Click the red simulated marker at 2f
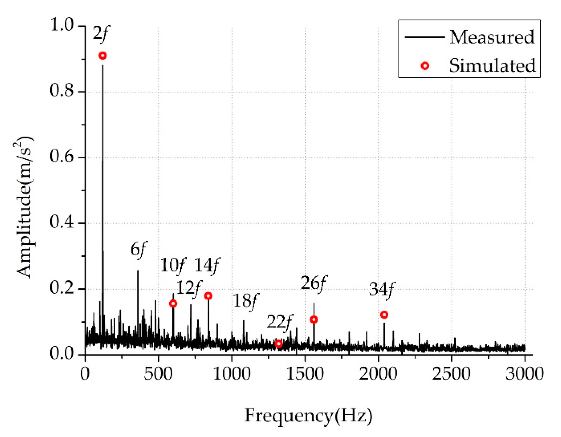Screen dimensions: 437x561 102,56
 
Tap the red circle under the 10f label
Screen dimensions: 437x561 173,304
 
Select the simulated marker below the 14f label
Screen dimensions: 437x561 208,296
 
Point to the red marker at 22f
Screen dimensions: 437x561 279,344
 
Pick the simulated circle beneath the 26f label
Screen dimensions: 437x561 314,319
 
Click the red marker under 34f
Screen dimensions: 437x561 384,315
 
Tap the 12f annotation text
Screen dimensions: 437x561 189,288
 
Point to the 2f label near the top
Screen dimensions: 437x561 101,33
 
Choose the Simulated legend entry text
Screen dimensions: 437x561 492,65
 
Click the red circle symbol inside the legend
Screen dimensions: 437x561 425,66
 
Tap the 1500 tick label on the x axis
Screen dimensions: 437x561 305,374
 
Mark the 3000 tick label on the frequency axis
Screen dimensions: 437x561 525,374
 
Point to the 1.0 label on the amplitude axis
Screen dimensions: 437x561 61,25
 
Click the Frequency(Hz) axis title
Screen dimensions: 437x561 308,416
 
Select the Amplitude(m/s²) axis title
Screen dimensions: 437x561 24,207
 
